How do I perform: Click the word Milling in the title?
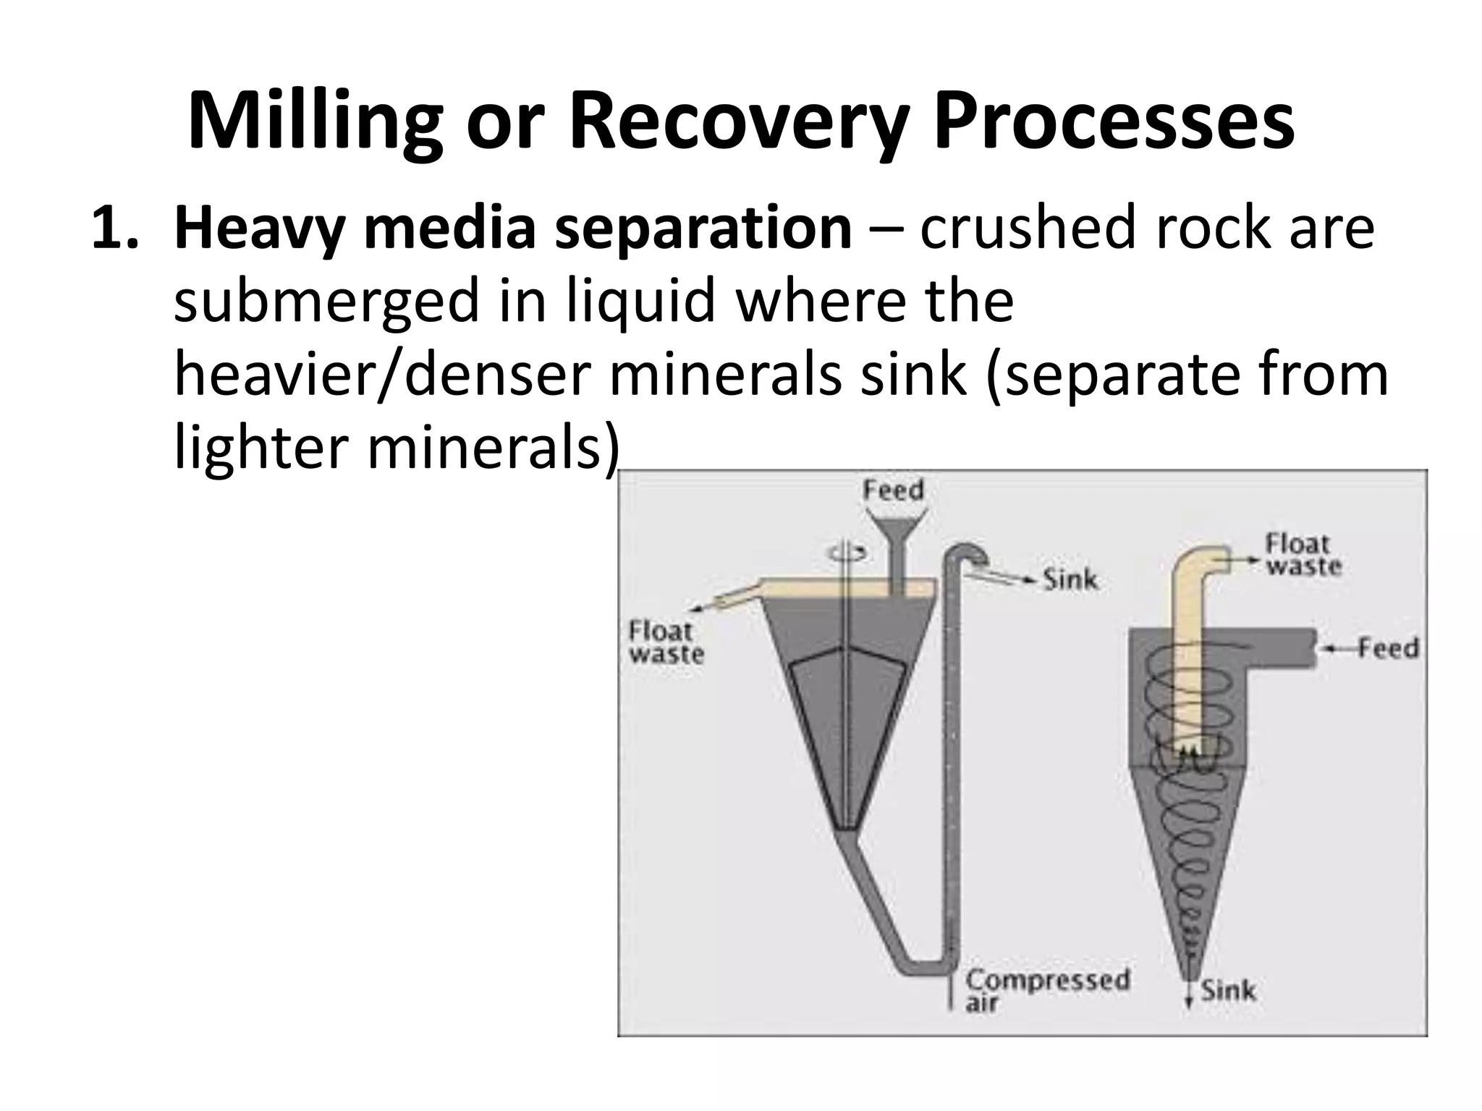(314, 122)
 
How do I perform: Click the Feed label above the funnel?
(893, 490)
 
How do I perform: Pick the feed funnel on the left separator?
(896, 528)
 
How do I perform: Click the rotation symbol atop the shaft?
(847, 553)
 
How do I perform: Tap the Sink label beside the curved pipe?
(1070, 579)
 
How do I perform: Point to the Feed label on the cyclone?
(1387, 647)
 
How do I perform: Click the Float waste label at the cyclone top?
(1303, 554)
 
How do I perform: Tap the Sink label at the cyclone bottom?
(1227, 990)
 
